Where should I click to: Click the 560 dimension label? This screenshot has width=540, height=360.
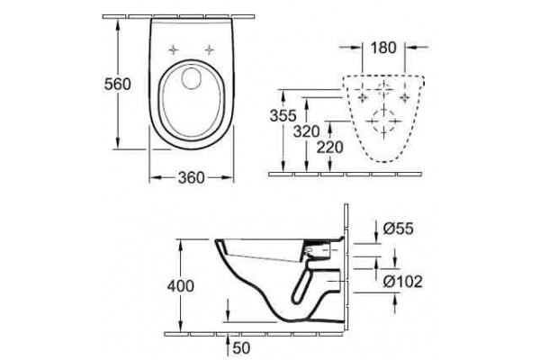[x=117, y=84]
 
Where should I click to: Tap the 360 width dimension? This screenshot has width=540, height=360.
[x=191, y=178]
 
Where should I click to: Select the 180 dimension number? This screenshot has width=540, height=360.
[x=383, y=48]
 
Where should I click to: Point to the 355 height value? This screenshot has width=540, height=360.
[x=283, y=116]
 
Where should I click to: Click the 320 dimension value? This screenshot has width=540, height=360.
[x=306, y=131]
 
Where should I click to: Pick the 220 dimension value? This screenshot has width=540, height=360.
[x=329, y=147]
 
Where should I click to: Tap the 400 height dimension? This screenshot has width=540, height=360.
[x=181, y=286]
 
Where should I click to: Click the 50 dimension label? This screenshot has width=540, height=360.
[x=241, y=348]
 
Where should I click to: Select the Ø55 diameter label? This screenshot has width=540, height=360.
[x=398, y=229]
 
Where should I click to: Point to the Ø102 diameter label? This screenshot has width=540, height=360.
[x=402, y=282]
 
